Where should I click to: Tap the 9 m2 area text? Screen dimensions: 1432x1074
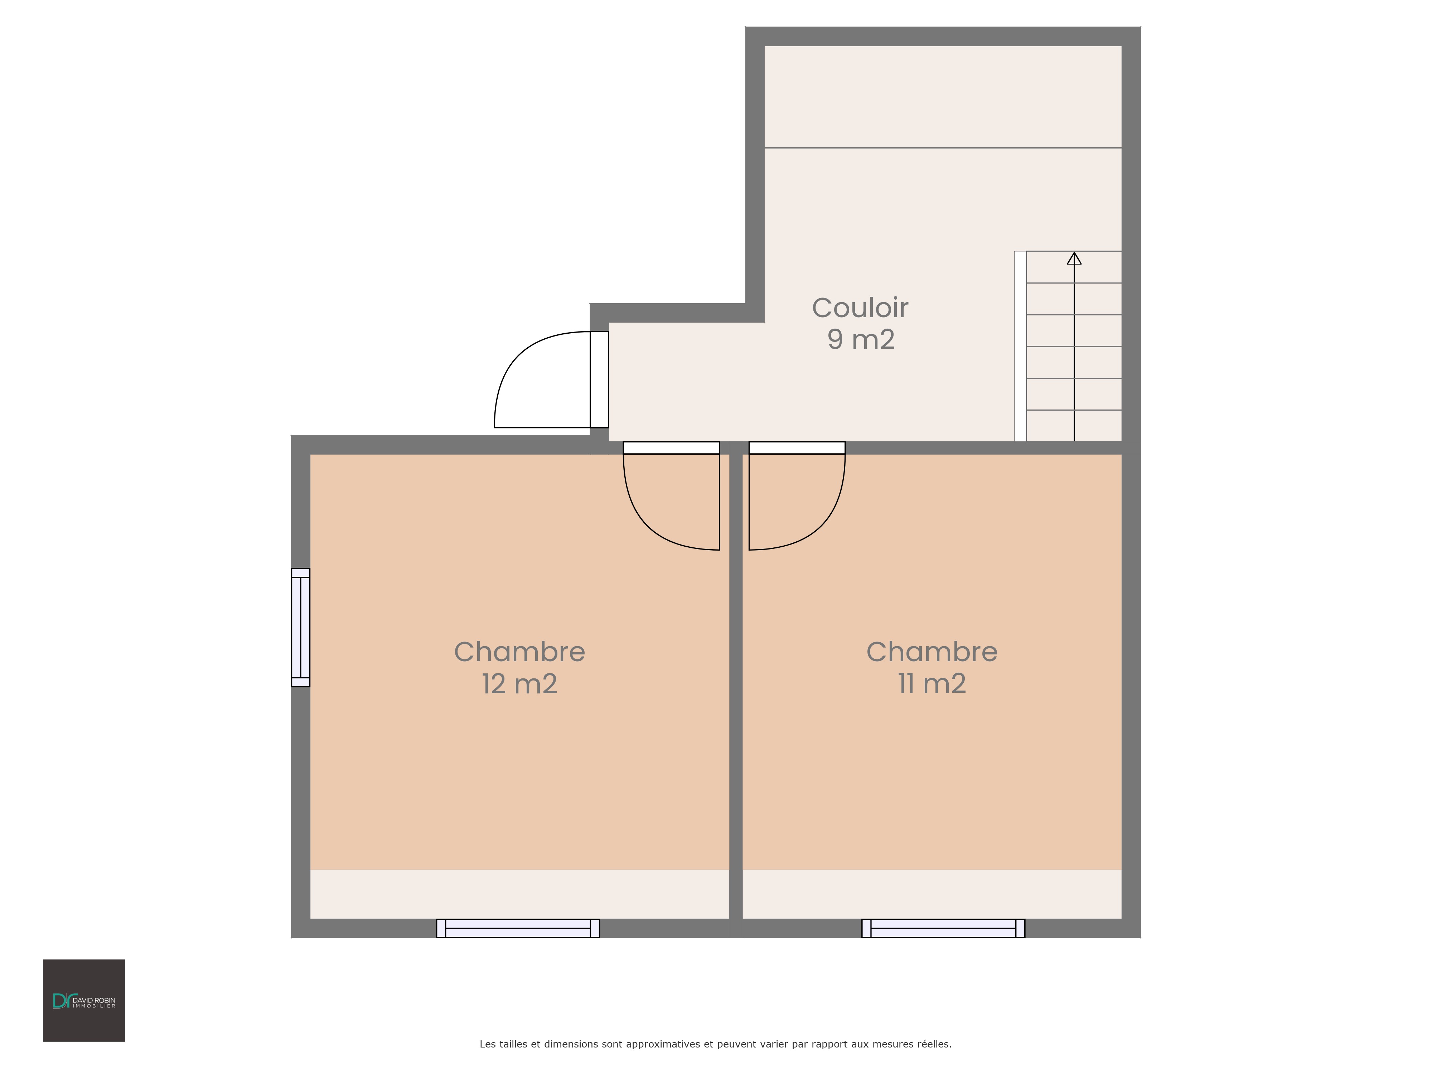coord(861,339)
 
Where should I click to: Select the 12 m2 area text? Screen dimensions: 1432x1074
coord(519,684)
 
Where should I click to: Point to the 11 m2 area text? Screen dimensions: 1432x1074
coord(932,684)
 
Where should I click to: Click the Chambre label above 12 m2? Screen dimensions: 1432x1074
coord(519,652)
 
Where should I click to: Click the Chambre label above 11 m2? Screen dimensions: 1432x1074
coord(932,652)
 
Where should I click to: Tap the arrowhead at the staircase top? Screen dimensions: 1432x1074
coord(1074,258)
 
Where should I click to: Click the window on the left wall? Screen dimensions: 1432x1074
coord(300,627)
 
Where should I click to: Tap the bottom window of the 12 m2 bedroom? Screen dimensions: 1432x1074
coord(518,928)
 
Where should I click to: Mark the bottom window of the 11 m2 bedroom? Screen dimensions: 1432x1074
coord(943,928)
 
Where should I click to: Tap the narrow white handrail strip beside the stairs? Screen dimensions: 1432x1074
coord(1020,346)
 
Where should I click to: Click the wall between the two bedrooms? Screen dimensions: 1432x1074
coord(736,690)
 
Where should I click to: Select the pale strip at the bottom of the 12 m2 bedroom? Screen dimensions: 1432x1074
coord(520,894)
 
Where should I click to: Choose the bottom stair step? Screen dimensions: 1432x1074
coord(1074,426)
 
